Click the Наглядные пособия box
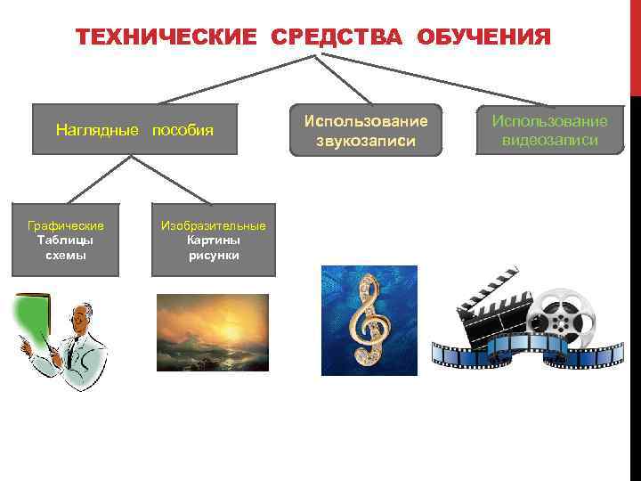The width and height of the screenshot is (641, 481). click(x=134, y=130)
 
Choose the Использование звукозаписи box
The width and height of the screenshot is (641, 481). click(x=366, y=130)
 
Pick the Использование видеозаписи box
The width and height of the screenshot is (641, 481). click(x=549, y=130)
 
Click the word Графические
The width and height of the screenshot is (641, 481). click(x=66, y=225)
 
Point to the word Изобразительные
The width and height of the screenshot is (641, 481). click(x=214, y=225)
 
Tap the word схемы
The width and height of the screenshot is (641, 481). click(x=66, y=255)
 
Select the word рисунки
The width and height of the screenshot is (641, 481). click(x=214, y=256)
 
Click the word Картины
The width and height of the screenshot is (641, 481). click(x=214, y=240)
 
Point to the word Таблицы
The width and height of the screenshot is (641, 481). click(x=66, y=240)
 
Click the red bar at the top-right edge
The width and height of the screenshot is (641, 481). click(x=635, y=45)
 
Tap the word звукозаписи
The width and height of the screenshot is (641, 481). click(x=366, y=140)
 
